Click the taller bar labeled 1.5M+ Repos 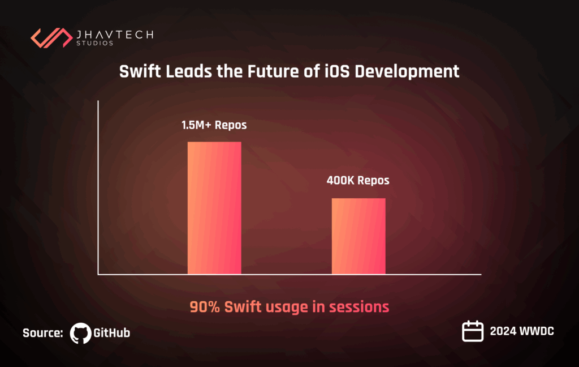pos(214,208)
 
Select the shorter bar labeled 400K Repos pos(358,236)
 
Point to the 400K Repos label pos(358,182)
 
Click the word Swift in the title pos(139,72)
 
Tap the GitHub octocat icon pos(80,333)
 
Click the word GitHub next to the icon pos(111,333)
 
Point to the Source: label pos(42,333)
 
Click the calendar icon pos(473,331)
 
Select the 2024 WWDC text pos(522,331)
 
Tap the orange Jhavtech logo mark pos(50,37)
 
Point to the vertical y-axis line pos(98,187)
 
